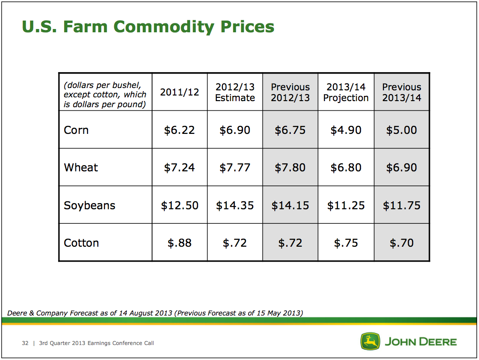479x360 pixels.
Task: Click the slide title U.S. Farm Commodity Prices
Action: [148, 27]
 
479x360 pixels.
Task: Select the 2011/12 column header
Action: [179, 92]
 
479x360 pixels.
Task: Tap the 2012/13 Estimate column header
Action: [235, 92]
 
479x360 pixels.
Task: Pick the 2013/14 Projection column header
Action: [346, 92]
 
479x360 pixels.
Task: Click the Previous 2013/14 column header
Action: [402, 92]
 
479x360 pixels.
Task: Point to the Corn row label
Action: [76, 130]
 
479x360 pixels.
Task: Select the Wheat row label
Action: [81, 168]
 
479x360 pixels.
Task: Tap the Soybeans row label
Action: [89, 206]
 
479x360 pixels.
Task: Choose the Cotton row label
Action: [81, 243]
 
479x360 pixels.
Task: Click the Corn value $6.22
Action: [179, 130]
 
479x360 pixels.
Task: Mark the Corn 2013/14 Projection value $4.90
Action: [346, 130]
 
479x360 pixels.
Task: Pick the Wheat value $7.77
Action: [235, 168]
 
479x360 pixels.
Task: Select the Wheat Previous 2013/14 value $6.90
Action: [402, 168]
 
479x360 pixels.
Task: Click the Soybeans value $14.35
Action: [235, 206]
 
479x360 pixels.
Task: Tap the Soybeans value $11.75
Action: [402, 206]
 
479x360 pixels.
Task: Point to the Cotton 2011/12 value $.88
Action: [179, 243]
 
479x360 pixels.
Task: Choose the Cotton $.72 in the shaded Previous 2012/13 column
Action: [290, 243]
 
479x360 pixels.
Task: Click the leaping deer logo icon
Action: [370, 341]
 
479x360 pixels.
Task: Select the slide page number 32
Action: [25, 343]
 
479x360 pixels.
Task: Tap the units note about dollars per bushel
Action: [105, 95]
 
